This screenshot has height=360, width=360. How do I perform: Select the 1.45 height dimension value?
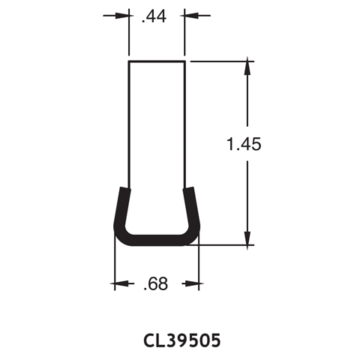(x=244, y=145)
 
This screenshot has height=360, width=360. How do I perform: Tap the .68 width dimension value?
(x=156, y=284)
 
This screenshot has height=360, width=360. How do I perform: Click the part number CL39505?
(x=181, y=341)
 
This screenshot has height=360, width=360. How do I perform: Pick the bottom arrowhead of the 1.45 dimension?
(x=245, y=238)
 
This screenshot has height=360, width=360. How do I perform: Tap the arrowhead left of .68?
(x=118, y=284)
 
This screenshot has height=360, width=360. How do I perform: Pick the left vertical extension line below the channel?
(x=113, y=266)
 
